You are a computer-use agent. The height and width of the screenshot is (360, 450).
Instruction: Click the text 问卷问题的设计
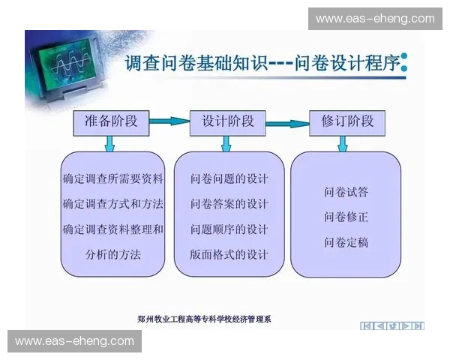click(x=229, y=179)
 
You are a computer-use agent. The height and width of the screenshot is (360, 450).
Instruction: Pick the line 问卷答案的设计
click(x=229, y=204)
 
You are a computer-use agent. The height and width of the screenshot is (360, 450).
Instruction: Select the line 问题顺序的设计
click(x=229, y=229)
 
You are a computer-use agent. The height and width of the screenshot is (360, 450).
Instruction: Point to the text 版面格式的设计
click(x=229, y=253)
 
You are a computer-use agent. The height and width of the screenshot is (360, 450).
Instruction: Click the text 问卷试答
click(x=346, y=192)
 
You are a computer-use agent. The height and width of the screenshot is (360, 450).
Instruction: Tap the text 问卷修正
click(x=346, y=217)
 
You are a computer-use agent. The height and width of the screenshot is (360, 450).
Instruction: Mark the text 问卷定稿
click(x=346, y=242)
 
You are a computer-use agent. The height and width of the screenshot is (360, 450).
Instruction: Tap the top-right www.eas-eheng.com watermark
click(x=374, y=19)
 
